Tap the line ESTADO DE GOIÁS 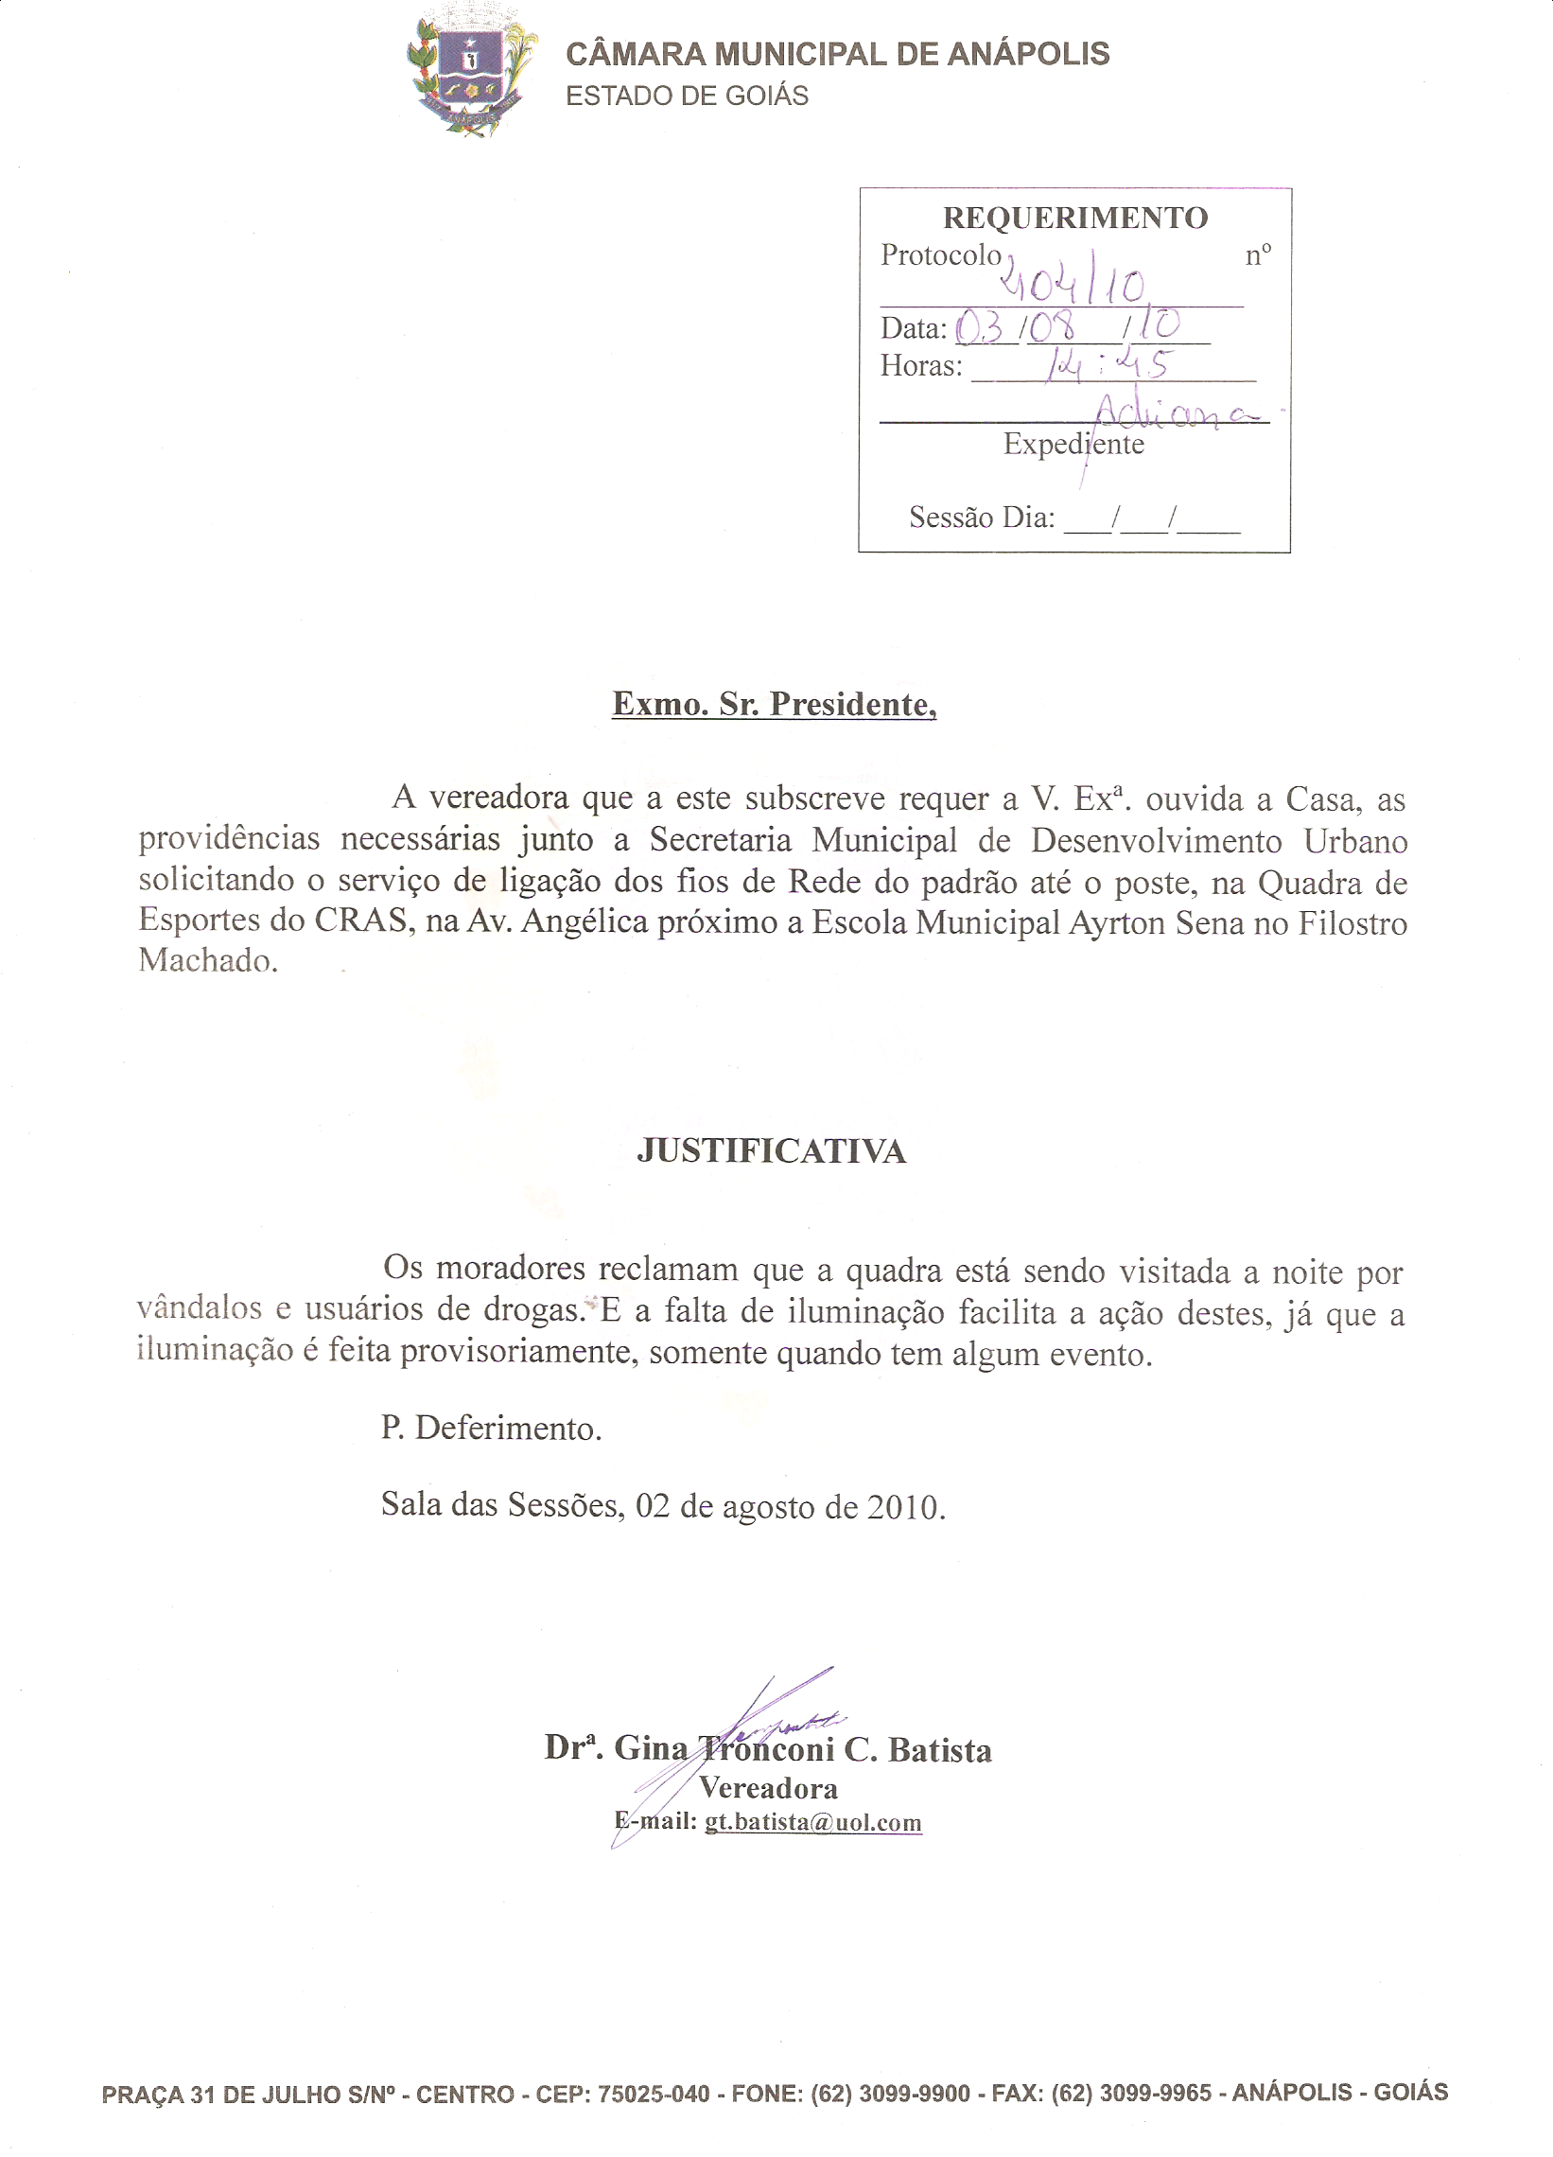click(x=687, y=96)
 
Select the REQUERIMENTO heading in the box click(x=1074, y=218)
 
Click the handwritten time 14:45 click(x=1108, y=363)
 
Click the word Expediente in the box click(x=1073, y=444)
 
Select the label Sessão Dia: click(x=982, y=517)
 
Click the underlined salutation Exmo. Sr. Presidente click(x=773, y=704)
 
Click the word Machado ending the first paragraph click(x=207, y=960)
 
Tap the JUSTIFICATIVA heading click(x=771, y=1151)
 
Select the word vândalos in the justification click(x=199, y=1308)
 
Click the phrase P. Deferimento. click(x=491, y=1429)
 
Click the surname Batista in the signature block click(x=939, y=1750)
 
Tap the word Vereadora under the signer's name click(x=768, y=1789)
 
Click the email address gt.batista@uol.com click(x=812, y=1822)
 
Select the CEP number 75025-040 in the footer click(x=654, y=2094)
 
